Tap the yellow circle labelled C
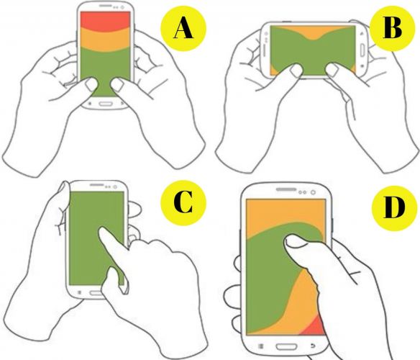click(183, 203)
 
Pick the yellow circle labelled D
click(394, 208)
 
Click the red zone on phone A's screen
click(106, 20)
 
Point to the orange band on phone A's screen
click(106, 40)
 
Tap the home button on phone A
click(105, 104)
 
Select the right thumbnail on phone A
click(117, 85)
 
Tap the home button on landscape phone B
click(362, 50)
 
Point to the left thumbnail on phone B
click(296, 70)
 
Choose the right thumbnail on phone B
click(332, 70)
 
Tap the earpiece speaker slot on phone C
click(97, 185)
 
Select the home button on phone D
click(286, 346)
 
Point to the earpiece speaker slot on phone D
click(286, 189)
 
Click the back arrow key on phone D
click(313, 346)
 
